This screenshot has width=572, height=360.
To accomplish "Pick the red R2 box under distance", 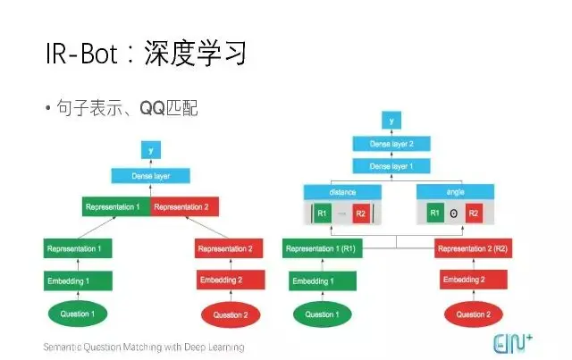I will pyautogui.click(x=360, y=214).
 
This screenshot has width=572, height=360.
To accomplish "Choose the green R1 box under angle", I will pyautogui.click(x=433, y=214).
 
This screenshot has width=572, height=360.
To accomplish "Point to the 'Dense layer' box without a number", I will pyautogui.click(x=150, y=175).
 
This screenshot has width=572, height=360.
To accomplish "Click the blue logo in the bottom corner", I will pyautogui.click(x=516, y=341).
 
